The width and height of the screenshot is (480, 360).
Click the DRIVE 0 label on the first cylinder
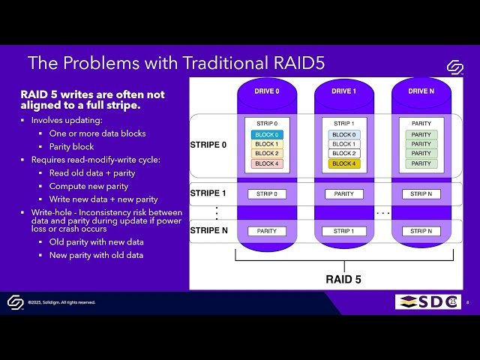point(268,91)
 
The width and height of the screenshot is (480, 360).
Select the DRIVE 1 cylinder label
point(344,91)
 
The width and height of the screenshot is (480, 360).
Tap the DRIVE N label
point(421,91)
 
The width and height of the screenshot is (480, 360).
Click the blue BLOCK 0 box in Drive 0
point(268,135)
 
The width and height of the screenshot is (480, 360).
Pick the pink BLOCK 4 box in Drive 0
point(268,163)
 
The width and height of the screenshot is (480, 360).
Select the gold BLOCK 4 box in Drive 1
point(344,163)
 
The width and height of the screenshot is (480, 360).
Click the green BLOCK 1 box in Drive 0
point(268,144)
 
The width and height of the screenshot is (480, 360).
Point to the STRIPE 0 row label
point(208,145)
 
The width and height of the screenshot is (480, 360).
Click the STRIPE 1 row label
point(208,193)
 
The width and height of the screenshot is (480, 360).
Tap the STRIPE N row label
point(208,230)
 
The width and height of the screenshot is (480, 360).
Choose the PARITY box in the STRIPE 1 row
point(344,194)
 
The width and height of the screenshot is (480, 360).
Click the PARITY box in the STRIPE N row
point(268,231)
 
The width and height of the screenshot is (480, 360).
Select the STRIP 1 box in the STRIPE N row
point(344,231)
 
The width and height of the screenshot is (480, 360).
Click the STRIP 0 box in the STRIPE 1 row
point(268,194)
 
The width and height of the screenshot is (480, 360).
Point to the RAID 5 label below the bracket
point(343,280)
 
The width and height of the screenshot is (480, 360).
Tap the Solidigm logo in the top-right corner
point(454,67)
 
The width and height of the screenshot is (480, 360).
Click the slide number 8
point(468,302)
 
